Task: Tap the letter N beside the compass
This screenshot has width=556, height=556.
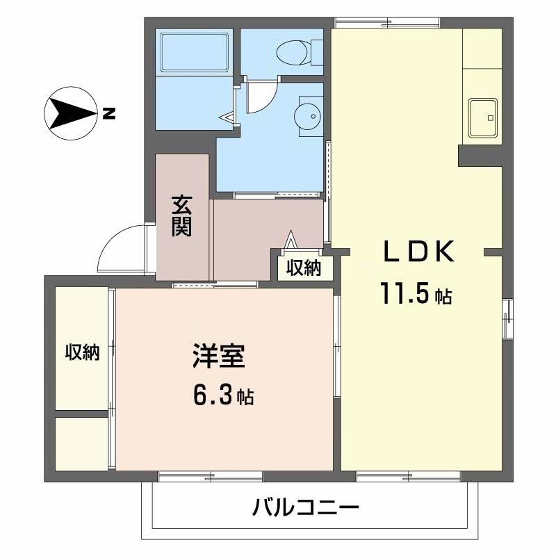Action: (108, 113)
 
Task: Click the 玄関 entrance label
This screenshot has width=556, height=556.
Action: (182, 215)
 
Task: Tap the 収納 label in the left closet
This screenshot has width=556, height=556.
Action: (83, 352)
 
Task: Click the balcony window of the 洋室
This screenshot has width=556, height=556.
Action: (210, 476)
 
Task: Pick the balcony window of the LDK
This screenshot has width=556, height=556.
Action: (409, 476)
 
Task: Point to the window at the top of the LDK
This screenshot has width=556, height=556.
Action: (388, 23)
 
